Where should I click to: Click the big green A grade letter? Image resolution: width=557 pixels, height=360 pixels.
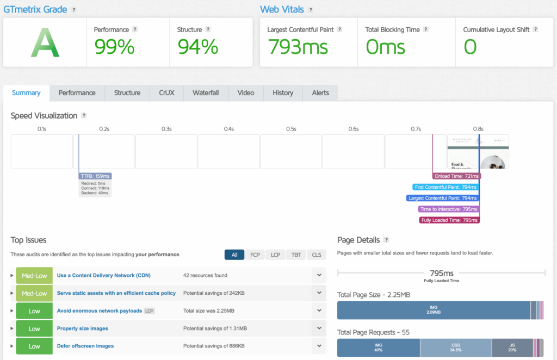point(44,44)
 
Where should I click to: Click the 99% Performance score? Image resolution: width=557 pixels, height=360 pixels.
point(114,47)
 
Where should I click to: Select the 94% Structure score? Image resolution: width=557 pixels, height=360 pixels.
point(197,47)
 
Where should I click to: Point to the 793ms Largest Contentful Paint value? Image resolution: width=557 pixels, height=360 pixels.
point(298,47)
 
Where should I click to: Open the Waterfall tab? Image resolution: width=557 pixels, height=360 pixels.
point(206,93)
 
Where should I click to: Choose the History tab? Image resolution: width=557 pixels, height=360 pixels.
point(283,93)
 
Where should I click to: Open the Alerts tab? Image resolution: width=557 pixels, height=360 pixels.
point(320,93)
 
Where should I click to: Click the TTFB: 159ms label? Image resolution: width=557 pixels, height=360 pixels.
point(95,176)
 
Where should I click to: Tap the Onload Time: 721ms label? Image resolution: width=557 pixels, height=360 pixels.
point(456,176)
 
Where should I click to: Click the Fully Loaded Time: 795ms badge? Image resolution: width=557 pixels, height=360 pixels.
point(449,220)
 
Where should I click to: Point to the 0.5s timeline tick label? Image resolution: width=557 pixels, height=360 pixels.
point(291,129)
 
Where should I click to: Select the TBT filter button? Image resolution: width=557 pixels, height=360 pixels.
point(295,255)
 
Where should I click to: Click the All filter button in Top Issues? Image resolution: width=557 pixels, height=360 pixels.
point(234,255)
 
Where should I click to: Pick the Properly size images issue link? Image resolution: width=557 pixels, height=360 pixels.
point(82,328)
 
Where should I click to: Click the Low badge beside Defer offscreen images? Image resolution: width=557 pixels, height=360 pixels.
point(34,346)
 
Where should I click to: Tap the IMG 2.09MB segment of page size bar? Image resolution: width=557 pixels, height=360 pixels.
point(434,310)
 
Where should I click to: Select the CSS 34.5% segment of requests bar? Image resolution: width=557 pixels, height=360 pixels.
point(455,347)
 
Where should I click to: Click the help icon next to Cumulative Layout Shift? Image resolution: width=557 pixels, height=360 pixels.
point(535,30)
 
